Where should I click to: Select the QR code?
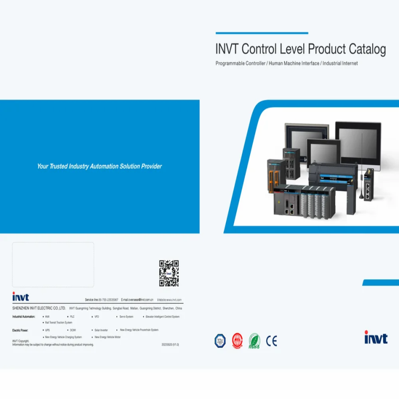click(169, 273)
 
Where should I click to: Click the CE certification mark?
click(271, 341)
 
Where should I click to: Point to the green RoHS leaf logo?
click(254, 341)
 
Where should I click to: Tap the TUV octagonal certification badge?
click(220, 341)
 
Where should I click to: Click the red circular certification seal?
click(238, 341)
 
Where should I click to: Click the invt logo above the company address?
click(21, 297)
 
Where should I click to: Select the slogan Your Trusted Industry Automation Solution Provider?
click(100, 166)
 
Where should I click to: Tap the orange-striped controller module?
click(276, 176)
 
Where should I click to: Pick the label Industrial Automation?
click(23, 317)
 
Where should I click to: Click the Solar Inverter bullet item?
click(101, 330)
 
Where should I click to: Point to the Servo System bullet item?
click(126, 317)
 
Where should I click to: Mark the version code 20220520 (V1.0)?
click(170, 345)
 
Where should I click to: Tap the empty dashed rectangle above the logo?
click(53, 264)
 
